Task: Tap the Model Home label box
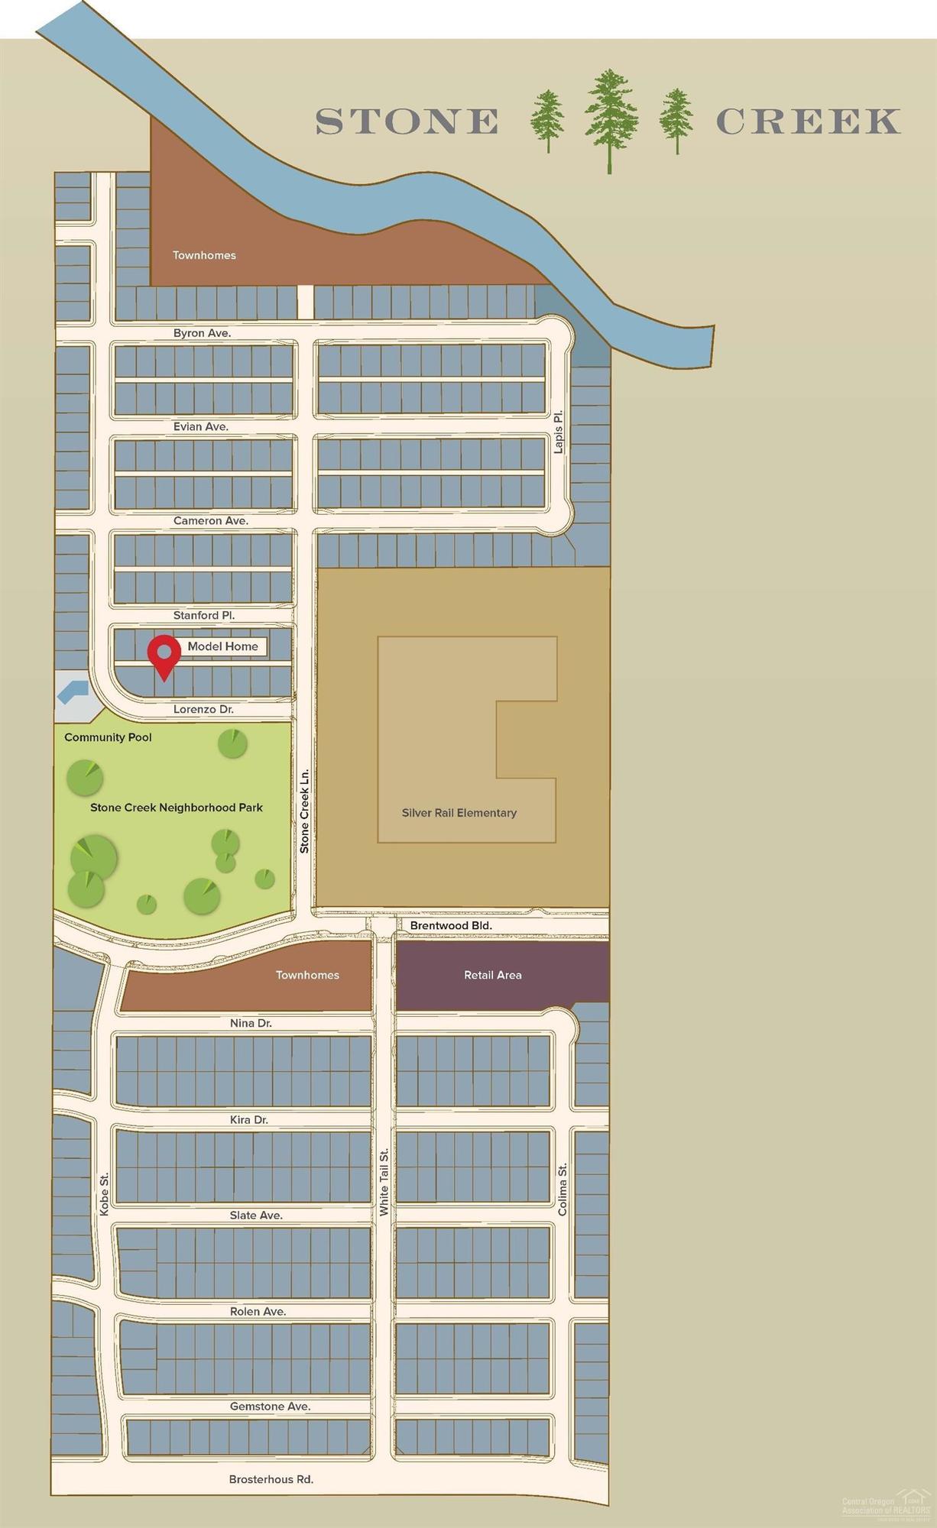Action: (222, 646)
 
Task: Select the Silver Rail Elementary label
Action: (459, 813)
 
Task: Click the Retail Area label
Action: (493, 975)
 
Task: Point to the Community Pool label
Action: (108, 737)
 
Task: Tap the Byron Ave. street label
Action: (202, 333)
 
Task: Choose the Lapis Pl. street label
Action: (559, 432)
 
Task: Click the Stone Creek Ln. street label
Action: (304, 811)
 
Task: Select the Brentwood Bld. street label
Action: (451, 926)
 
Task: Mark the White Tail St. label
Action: (384, 1182)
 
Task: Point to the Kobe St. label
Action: (105, 1194)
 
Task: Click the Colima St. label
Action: (563, 1190)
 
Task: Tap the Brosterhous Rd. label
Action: (271, 1479)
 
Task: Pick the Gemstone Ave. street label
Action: (270, 1406)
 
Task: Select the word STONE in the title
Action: (407, 121)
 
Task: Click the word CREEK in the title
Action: (808, 121)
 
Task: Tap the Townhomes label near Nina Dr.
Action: (307, 975)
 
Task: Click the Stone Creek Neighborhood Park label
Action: (177, 808)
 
